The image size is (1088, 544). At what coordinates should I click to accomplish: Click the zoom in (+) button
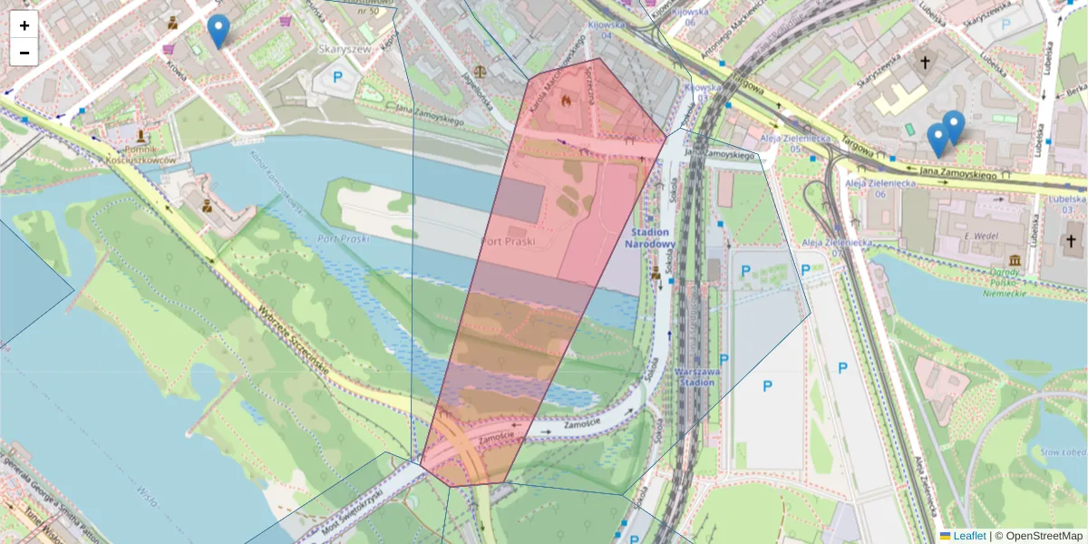(24, 25)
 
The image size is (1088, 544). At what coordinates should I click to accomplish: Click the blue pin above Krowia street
(218, 30)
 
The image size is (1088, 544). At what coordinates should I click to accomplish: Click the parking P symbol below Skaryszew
(337, 78)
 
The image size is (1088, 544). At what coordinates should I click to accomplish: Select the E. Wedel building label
(982, 236)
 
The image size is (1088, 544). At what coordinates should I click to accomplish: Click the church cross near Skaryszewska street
(925, 63)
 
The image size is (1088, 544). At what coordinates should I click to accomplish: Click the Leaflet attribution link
(968, 536)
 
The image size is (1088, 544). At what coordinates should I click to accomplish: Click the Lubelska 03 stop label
(1069, 204)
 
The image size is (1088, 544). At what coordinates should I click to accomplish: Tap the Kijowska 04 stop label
(607, 30)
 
